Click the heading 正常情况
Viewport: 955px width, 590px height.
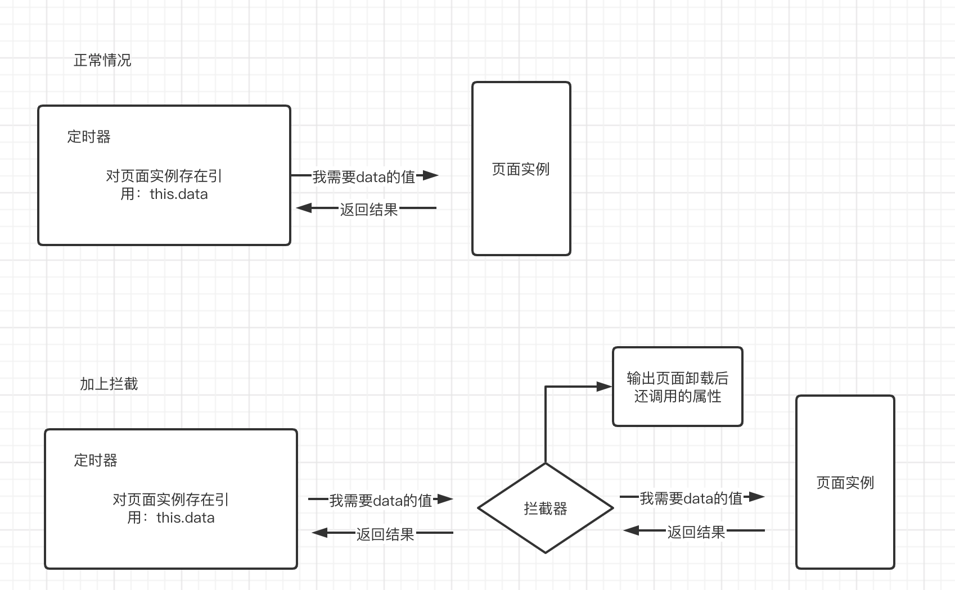tap(102, 60)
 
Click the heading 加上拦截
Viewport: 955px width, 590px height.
tap(109, 384)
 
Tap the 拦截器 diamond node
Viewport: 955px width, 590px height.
tap(545, 509)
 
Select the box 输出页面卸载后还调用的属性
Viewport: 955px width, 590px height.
tap(677, 387)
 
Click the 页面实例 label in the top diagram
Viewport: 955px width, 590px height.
tap(520, 169)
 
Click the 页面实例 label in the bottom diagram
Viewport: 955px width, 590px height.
tap(845, 483)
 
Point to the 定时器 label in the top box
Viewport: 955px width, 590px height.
tap(89, 137)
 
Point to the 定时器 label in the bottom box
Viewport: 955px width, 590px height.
tap(96, 460)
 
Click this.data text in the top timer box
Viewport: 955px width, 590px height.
tap(179, 194)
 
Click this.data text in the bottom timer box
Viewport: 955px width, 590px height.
tap(186, 518)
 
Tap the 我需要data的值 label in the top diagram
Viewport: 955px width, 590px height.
tap(363, 177)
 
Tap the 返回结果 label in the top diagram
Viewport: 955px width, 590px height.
tap(369, 210)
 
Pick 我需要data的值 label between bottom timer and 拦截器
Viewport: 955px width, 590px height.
tap(380, 500)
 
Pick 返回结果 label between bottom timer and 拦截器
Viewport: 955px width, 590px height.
tap(385, 534)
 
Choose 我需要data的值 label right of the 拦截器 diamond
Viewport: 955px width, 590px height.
tap(691, 498)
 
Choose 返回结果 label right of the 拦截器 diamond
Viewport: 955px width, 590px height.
tap(696, 532)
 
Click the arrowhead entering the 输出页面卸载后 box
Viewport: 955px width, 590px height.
tap(605, 387)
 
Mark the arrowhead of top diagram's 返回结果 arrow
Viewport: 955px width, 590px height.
tap(304, 208)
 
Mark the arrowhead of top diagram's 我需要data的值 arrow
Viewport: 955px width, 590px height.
tap(430, 175)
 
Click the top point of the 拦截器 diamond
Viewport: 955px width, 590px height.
tap(546, 464)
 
